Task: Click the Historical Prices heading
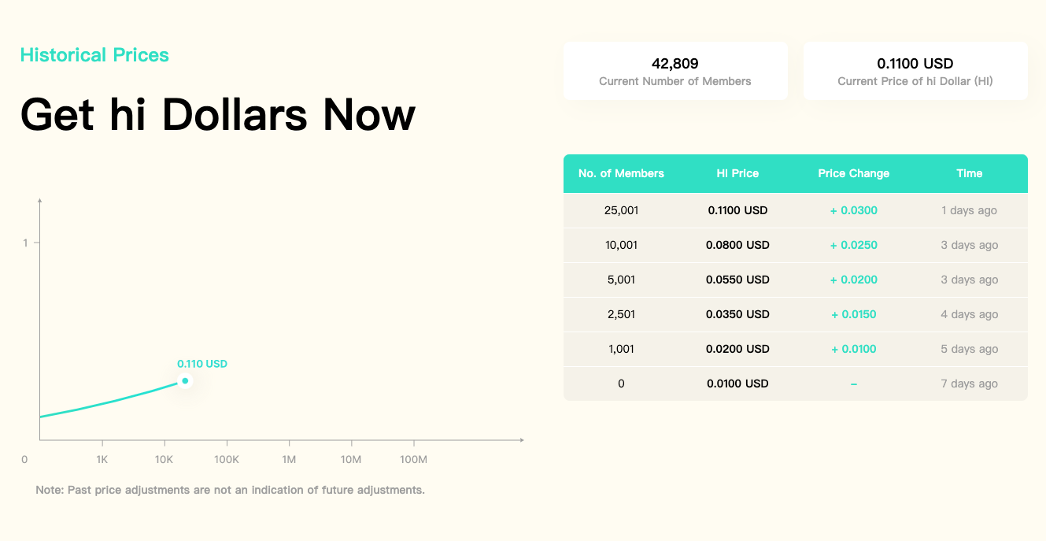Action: (x=94, y=55)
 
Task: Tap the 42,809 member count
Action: (x=675, y=63)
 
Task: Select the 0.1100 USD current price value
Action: (x=915, y=63)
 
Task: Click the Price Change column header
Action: (x=854, y=173)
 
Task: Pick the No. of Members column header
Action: (x=621, y=173)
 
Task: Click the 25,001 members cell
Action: (x=621, y=210)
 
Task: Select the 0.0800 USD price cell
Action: (x=737, y=245)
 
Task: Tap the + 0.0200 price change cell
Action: (x=854, y=280)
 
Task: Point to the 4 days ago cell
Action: (x=970, y=314)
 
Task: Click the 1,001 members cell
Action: (x=621, y=349)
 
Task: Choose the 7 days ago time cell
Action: (x=970, y=384)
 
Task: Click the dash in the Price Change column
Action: (x=854, y=384)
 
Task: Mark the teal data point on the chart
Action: (x=185, y=381)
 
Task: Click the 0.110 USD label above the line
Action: (x=202, y=364)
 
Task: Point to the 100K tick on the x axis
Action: (x=227, y=443)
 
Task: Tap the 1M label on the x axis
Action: (x=289, y=459)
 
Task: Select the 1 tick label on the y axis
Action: (x=25, y=243)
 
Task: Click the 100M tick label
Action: (x=413, y=459)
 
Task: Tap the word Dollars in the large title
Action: (x=235, y=114)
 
